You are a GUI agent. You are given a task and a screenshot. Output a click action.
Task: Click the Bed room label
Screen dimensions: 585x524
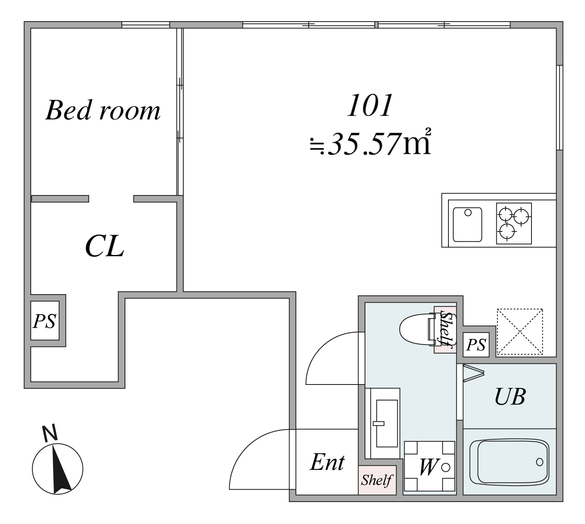103,110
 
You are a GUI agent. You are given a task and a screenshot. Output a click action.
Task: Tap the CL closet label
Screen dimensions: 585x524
105,246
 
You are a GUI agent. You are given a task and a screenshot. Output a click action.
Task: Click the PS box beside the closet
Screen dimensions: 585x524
45,321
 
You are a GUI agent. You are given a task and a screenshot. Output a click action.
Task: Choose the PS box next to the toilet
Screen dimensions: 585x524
476,345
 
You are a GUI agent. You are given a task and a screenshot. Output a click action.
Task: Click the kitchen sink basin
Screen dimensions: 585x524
468,224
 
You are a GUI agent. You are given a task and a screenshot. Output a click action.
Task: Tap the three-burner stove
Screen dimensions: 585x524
514,223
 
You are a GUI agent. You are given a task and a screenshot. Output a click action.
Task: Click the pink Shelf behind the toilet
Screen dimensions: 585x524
445,329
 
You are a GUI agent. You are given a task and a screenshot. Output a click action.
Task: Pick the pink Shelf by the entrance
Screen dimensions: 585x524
377,480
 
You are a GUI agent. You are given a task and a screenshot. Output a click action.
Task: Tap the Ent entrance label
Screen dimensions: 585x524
327,462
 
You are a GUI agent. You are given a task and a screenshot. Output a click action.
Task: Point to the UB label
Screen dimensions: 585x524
510,396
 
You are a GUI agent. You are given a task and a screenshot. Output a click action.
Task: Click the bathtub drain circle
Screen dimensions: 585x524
539,462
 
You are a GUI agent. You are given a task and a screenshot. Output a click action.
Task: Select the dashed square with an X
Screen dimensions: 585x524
520,331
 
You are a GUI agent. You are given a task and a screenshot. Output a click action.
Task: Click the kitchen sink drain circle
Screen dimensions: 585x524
468,213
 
